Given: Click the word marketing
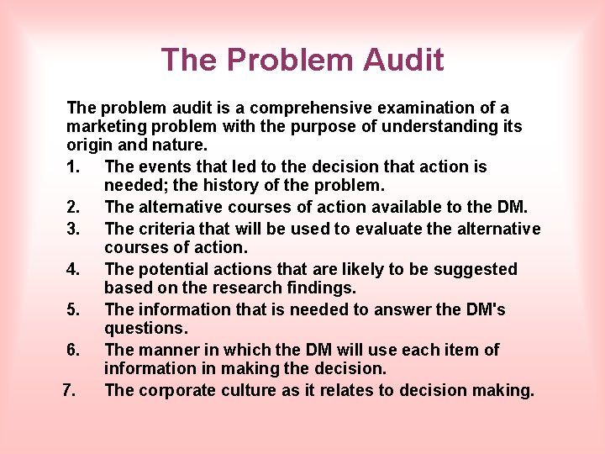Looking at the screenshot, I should tap(104, 126).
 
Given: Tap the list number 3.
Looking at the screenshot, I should tap(72, 229).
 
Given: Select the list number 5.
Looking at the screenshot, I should tap(72, 309).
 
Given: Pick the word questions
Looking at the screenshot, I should tap(145, 328).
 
